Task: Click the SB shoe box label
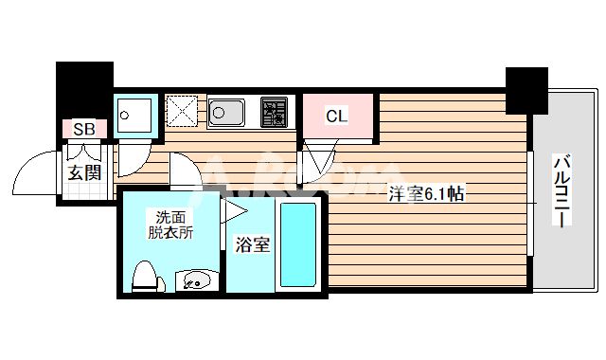coord(82,129)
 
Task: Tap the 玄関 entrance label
coord(83,172)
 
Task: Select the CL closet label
coord(336,117)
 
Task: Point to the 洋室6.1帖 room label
coord(425,195)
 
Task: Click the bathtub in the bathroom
coord(299,244)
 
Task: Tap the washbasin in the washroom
coord(196,280)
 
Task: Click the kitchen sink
coord(228,113)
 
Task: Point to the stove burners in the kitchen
coord(276,113)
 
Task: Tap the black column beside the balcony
coord(526,89)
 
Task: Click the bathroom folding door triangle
coord(233,210)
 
